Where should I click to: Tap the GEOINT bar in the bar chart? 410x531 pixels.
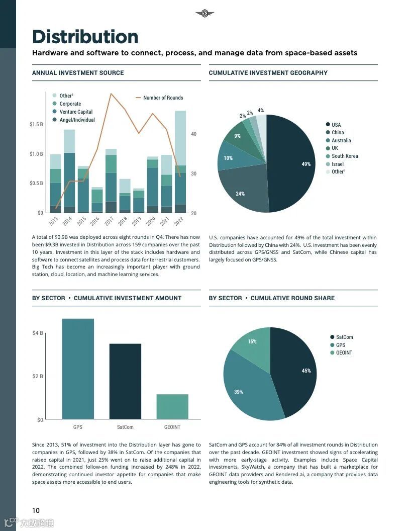pos(172,406)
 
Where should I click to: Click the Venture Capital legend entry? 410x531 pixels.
pos(76,112)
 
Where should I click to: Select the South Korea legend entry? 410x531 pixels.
pos(345,156)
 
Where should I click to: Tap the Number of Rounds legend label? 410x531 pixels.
pos(163,98)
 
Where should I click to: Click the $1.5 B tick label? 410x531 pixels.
pos(36,124)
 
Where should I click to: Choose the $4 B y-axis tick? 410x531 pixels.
pos(38,333)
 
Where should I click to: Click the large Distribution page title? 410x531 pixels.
pos(85,37)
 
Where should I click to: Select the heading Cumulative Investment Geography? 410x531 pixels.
pos(268,73)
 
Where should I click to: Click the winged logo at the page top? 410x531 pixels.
pos(204,13)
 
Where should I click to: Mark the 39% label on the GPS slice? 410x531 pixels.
pos(238,392)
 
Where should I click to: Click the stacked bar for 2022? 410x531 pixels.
pos(180,161)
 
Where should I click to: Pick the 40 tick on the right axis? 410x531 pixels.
pos(193,134)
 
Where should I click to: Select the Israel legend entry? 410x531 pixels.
pos(338,164)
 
